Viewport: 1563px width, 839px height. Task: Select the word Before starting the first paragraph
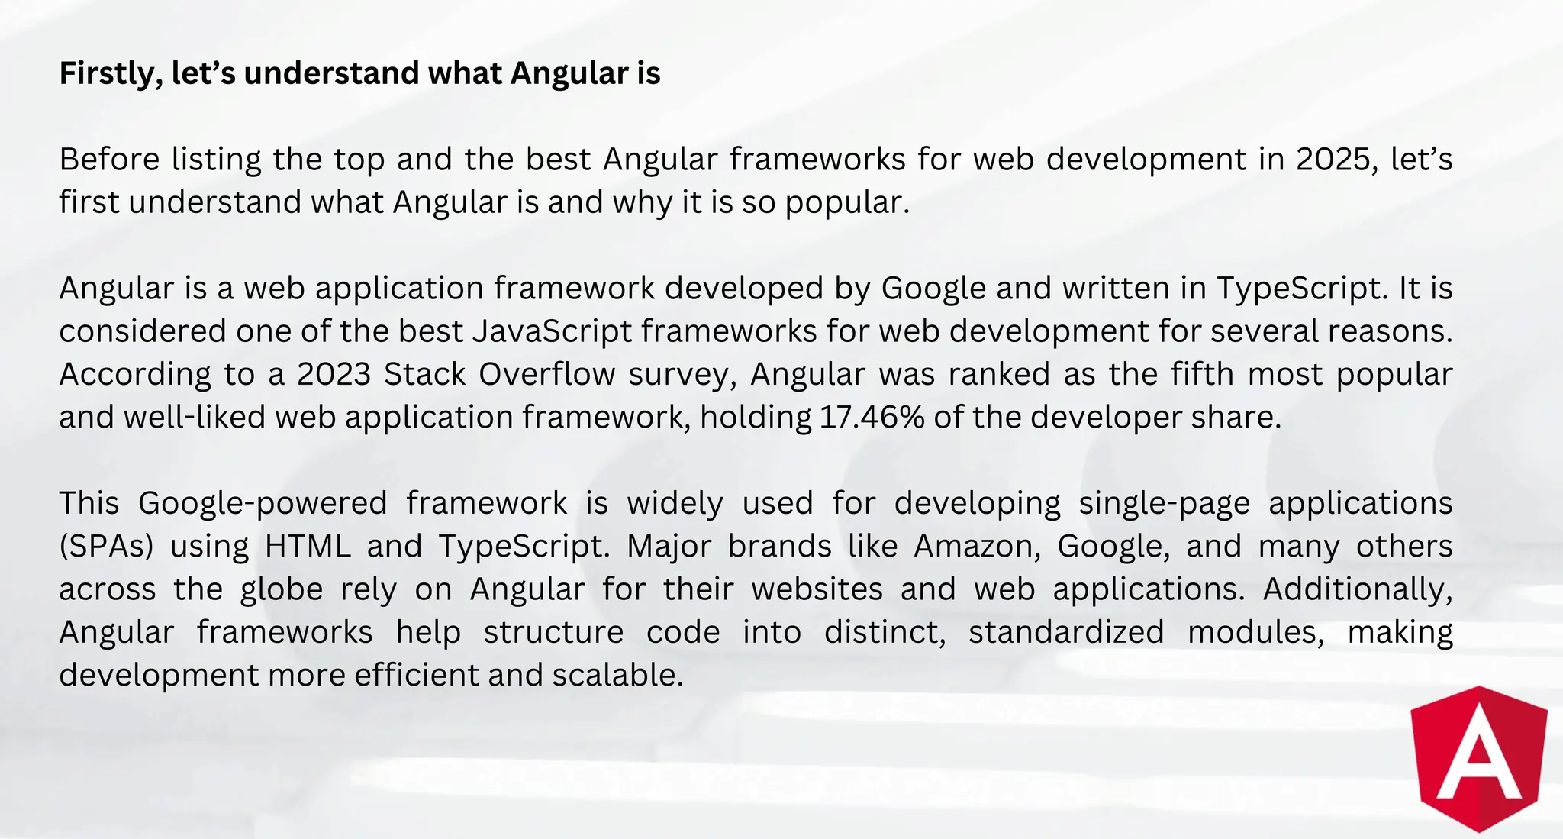(110, 160)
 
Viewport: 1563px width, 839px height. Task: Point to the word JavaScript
(553, 331)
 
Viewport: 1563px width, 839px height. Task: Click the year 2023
(333, 374)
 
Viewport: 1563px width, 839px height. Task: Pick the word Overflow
(546, 374)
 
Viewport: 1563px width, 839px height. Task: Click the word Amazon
(977, 547)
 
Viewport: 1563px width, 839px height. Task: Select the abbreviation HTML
(308, 547)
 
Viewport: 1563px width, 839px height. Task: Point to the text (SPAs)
(106, 547)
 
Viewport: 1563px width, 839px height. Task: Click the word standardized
(1066, 632)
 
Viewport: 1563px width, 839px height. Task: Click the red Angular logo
(1479, 759)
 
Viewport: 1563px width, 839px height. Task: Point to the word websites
(817, 589)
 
